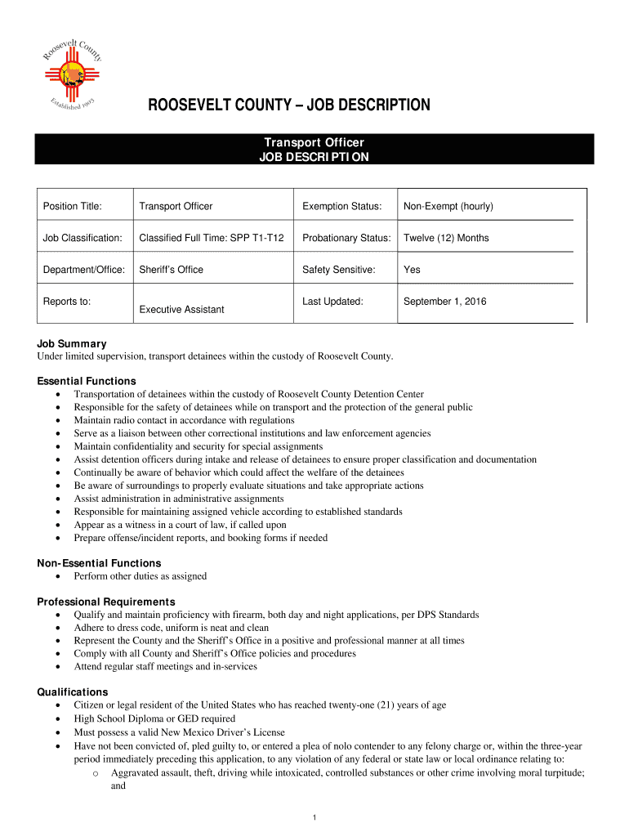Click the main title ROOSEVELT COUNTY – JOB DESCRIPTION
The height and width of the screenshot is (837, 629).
coord(288,105)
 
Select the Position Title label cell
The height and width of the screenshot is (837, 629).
coord(73,207)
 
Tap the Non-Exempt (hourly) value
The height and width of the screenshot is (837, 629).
coord(448,207)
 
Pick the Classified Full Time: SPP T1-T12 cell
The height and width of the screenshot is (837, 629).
coord(212,238)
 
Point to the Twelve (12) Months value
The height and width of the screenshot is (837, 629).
coord(446,238)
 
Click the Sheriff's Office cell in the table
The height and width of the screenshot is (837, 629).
coord(172,269)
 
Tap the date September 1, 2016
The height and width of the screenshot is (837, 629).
coord(444,302)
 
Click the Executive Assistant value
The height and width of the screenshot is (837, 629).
coord(181,310)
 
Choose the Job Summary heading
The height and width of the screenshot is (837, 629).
coord(72,344)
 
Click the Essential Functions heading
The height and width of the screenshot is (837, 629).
coord(87,381)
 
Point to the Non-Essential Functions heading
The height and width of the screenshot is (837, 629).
coord(99,563)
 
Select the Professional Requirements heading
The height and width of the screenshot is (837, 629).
coord(106,602)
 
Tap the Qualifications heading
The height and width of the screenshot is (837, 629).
coord(73,692)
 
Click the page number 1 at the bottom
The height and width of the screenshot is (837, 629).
coord(314,817)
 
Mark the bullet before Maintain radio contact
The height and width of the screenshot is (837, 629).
coord(58,420)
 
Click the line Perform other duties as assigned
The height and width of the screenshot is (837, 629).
coord(140,576)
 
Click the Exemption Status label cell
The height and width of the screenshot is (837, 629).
coord(341,207)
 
